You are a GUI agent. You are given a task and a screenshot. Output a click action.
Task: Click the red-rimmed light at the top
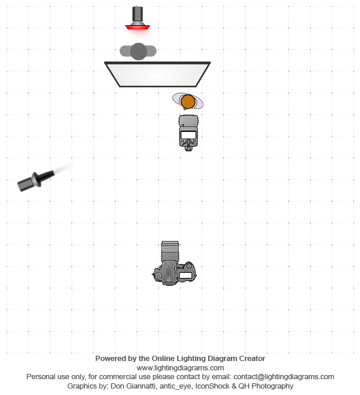(x=138, y=18)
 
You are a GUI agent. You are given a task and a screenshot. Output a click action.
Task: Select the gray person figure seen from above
(x=138, y=52)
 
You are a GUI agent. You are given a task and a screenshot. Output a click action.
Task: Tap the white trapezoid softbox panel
(x=158, y=74)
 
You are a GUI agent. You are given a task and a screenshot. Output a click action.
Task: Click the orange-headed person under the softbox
(x=188, y=101)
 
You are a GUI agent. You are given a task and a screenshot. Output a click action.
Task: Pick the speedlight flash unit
(x=189, y=133)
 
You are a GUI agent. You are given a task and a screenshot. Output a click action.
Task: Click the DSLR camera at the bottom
(x=174, y=263)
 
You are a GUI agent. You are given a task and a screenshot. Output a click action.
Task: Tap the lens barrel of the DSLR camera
(x=170, y=251)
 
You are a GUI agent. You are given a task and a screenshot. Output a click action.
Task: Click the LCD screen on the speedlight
(x=189, y=135)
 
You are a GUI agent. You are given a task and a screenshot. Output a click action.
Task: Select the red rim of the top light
(x=138, y=27)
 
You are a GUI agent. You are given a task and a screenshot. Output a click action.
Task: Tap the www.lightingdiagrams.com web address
(x=180, y=368)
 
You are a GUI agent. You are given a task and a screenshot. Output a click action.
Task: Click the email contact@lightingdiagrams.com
(x=284, y=377)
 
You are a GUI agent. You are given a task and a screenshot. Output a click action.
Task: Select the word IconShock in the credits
(x=210, y=386)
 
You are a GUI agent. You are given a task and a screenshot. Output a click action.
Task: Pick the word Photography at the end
(x=272, y=386)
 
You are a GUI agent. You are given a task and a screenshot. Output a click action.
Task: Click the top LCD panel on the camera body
(x=185, y=275)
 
